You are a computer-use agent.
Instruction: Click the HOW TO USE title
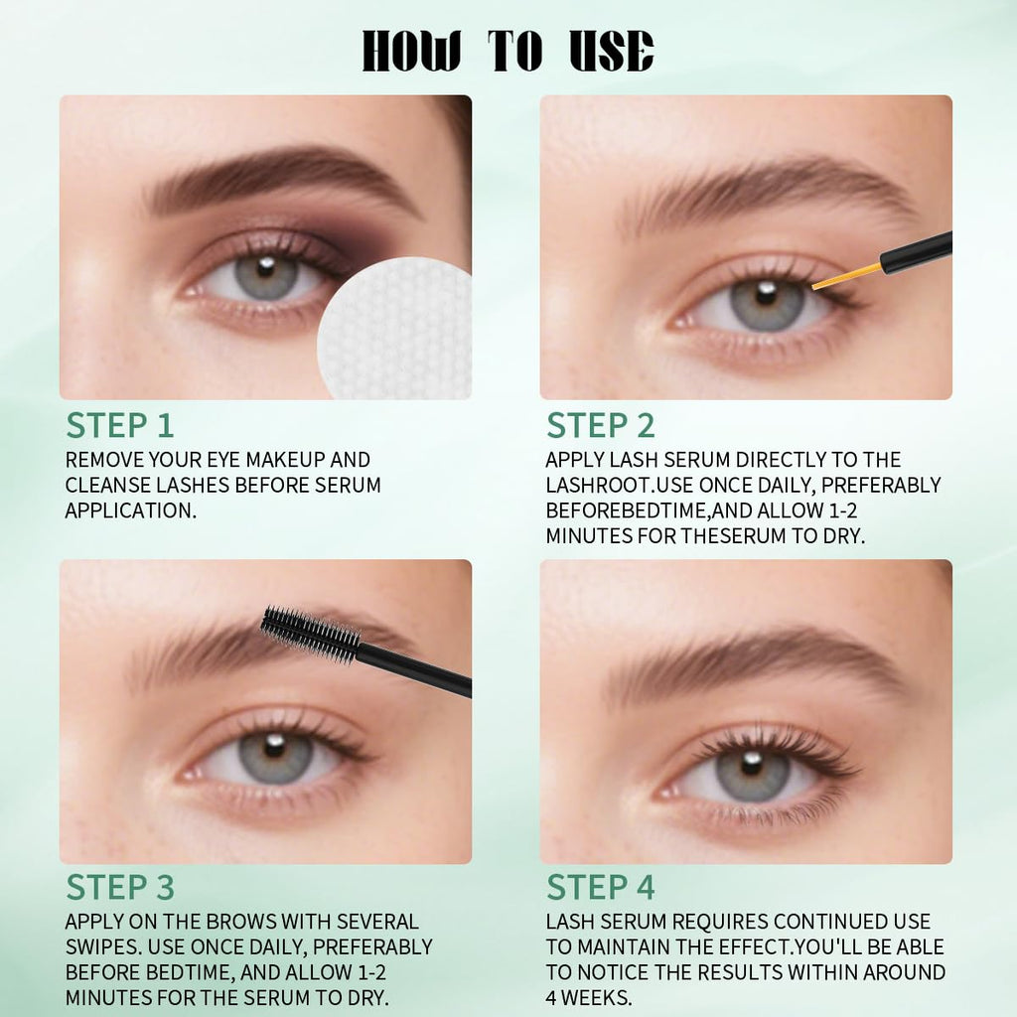point(508,51)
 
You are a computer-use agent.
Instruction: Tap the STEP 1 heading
point(120,425)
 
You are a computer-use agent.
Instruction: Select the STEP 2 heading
point(601,425)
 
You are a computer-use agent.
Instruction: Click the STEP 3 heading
point(120,887)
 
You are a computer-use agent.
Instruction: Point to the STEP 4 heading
point(601,887)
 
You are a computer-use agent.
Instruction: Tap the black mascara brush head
point(310,634)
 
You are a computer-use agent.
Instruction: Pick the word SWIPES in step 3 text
point(102,946)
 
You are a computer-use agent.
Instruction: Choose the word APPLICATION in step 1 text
point(130,510)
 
